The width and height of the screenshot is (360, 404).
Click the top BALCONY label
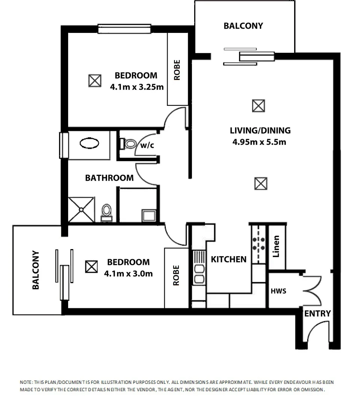coord(243,26)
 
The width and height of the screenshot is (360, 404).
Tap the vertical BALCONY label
coord(36,270)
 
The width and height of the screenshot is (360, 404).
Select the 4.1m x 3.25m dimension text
coord(137,87)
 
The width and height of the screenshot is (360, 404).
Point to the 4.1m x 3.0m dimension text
coord(128,273)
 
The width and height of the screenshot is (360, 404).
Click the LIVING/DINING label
coord(260,131)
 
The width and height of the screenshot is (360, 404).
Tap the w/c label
coord(147,146)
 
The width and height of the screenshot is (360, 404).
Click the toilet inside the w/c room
coord(129,144)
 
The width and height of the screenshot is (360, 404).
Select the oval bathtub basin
coord(89,144)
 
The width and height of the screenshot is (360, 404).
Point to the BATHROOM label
coord(109,178)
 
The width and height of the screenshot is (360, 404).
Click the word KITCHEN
coord(229,259)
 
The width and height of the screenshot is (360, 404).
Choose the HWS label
coord(278,291)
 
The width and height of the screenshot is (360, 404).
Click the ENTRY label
coord(317,313)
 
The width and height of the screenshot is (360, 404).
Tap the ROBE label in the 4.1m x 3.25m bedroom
coord(177,70)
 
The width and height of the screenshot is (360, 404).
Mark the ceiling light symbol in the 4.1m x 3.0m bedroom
coord(91,267)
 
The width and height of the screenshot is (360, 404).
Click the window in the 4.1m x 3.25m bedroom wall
coord(124,28)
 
